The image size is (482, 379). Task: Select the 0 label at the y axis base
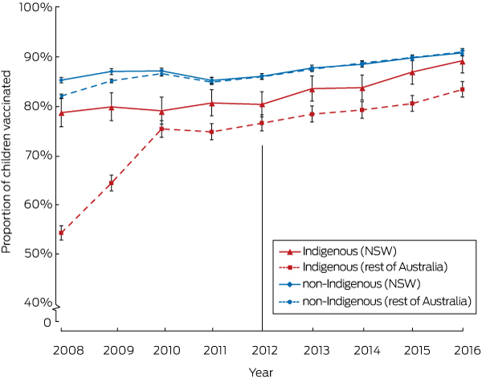tap(47, 323)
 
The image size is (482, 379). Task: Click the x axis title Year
tap(261, 371)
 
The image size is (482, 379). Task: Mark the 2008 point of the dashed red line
tap(62, 233)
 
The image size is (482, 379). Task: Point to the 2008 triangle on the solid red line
tap(62, 112)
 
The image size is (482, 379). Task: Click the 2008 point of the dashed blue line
tap(62, 96)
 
